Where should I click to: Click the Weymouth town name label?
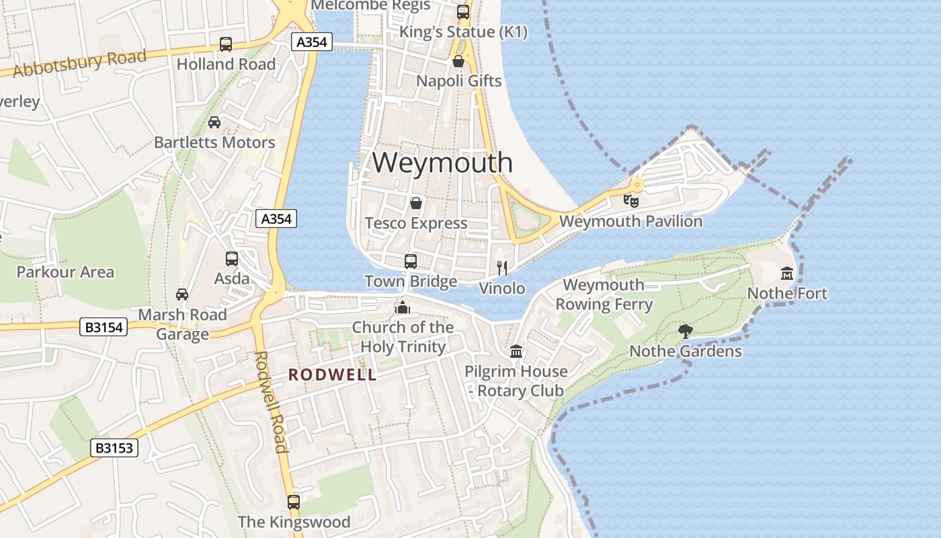442,163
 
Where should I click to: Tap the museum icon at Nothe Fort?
787,274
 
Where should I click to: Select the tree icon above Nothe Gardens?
686,331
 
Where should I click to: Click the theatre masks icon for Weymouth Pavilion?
630,200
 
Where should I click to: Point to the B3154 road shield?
104,328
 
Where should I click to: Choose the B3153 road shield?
114,448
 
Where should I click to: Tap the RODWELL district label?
332,375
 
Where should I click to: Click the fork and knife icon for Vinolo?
501,268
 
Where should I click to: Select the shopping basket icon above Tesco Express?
416,203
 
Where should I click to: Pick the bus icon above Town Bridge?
411,262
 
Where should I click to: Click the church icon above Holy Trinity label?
403,307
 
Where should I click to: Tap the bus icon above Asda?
232,259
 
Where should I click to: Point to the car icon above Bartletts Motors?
214,122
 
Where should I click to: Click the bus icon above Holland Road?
226,44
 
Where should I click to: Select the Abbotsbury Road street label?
79,63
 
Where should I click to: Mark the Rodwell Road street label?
272,401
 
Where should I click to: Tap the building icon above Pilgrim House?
516,351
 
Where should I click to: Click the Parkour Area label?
65,272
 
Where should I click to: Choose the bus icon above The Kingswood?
294,502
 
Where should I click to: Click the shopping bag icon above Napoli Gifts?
458,62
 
